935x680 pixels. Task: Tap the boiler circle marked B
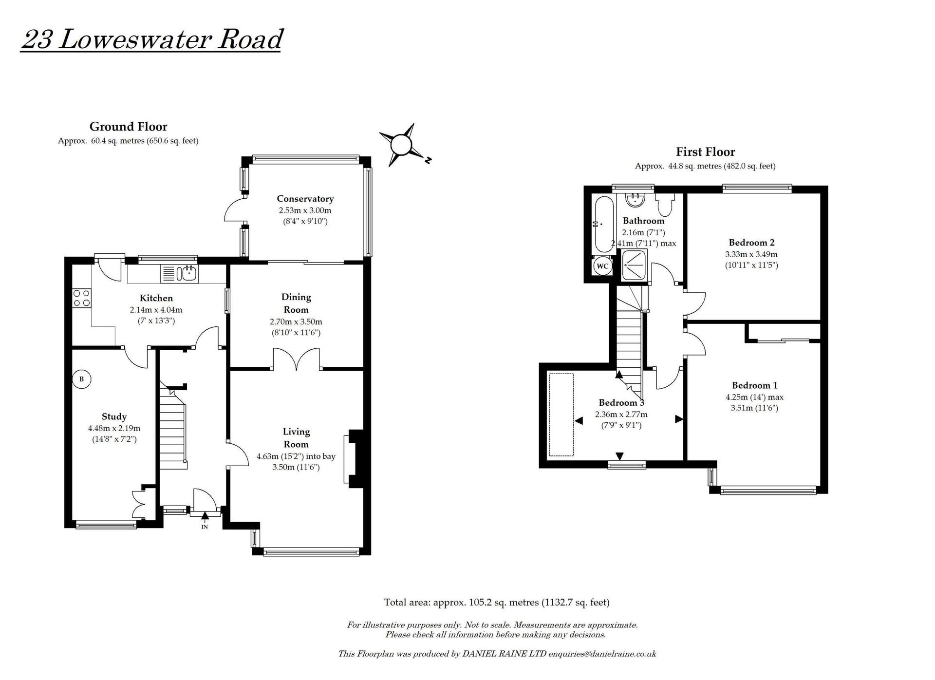click(x=82, y=379)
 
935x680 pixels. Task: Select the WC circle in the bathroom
click(x=602, y=266)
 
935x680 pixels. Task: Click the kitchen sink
click(x=187, y=273)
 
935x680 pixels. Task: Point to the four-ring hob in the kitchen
click(x=81, y=298)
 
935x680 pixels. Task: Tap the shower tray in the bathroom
click(x=635, y=265)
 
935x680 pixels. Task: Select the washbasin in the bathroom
click(x=635, y=199)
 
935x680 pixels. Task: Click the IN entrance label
click(x=205, y=527)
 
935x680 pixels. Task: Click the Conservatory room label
click(x=305, y=199)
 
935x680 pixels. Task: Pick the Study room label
click(x=114, y=416)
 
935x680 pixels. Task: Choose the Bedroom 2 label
click(x=751, y=243)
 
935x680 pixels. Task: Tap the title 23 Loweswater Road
click(x=151, y=39)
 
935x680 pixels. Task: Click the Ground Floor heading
click(x=128, y=127)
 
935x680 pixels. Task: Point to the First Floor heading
click(x=705, y=152)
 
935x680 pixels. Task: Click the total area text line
click(x=497, y=603)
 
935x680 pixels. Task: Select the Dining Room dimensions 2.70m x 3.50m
click(x=296, y=322)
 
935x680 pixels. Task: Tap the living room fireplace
click(x=354, y=458)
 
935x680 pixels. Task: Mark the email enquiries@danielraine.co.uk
click(x=602, y=654)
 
